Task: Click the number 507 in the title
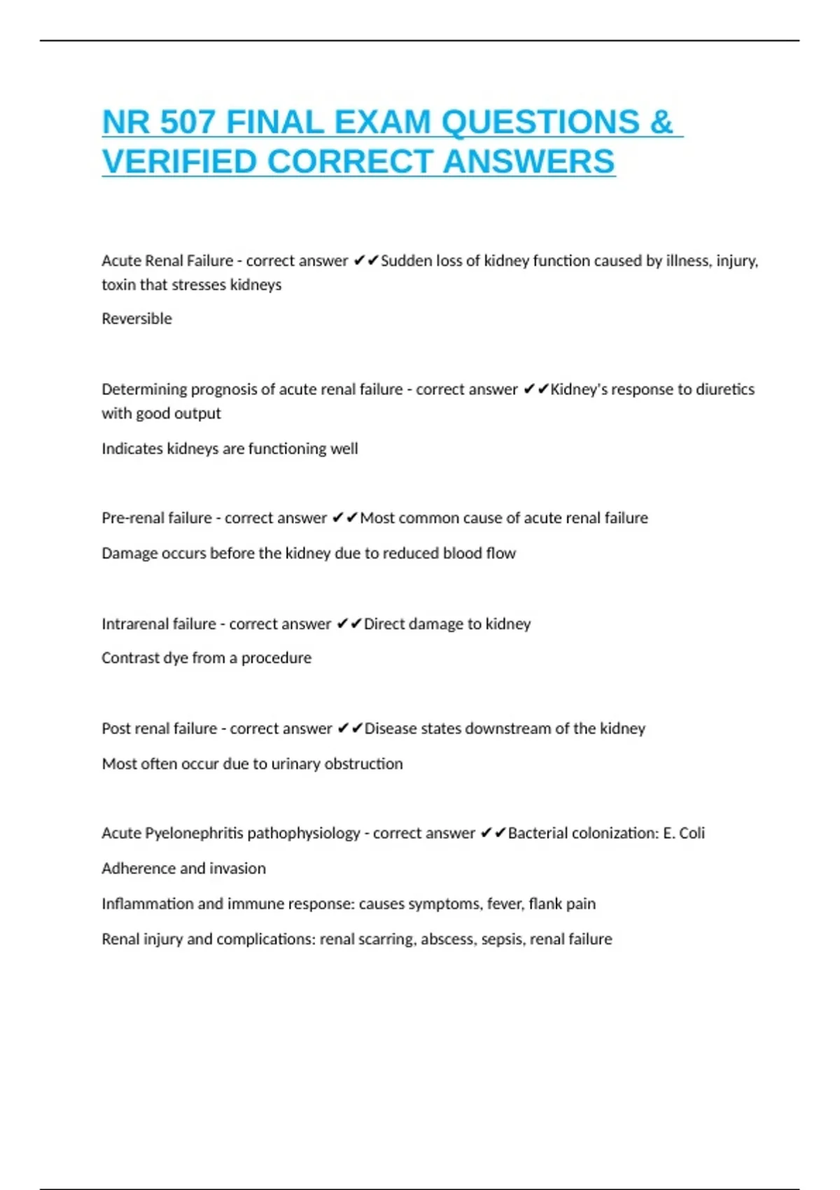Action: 187,122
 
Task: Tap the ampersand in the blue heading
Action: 661,122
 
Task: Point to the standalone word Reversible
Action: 136,318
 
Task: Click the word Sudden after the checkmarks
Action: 406,260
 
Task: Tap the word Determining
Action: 143,389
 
